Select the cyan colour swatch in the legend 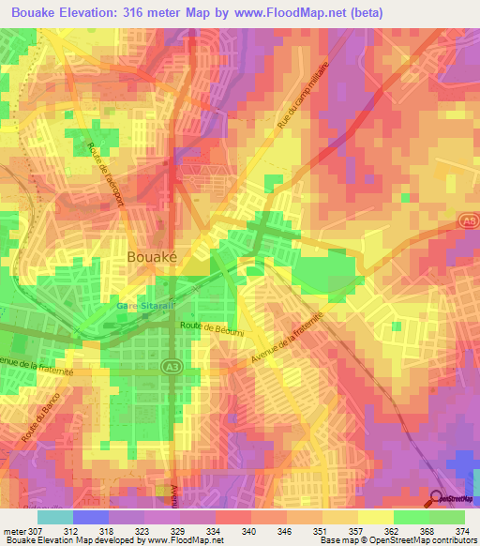54,517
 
